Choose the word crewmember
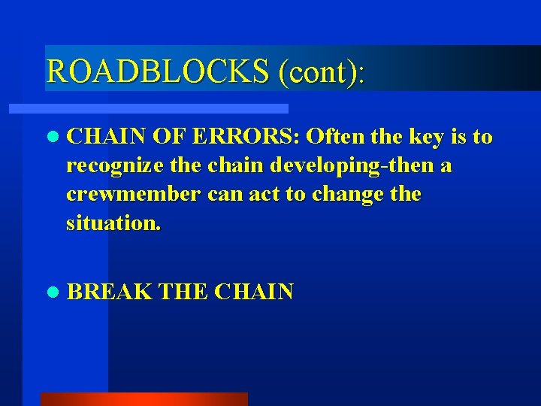coord(133,195)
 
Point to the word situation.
coord(113,223)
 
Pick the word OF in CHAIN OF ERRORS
coord(167,137)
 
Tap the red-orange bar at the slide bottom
coord(144,398)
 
